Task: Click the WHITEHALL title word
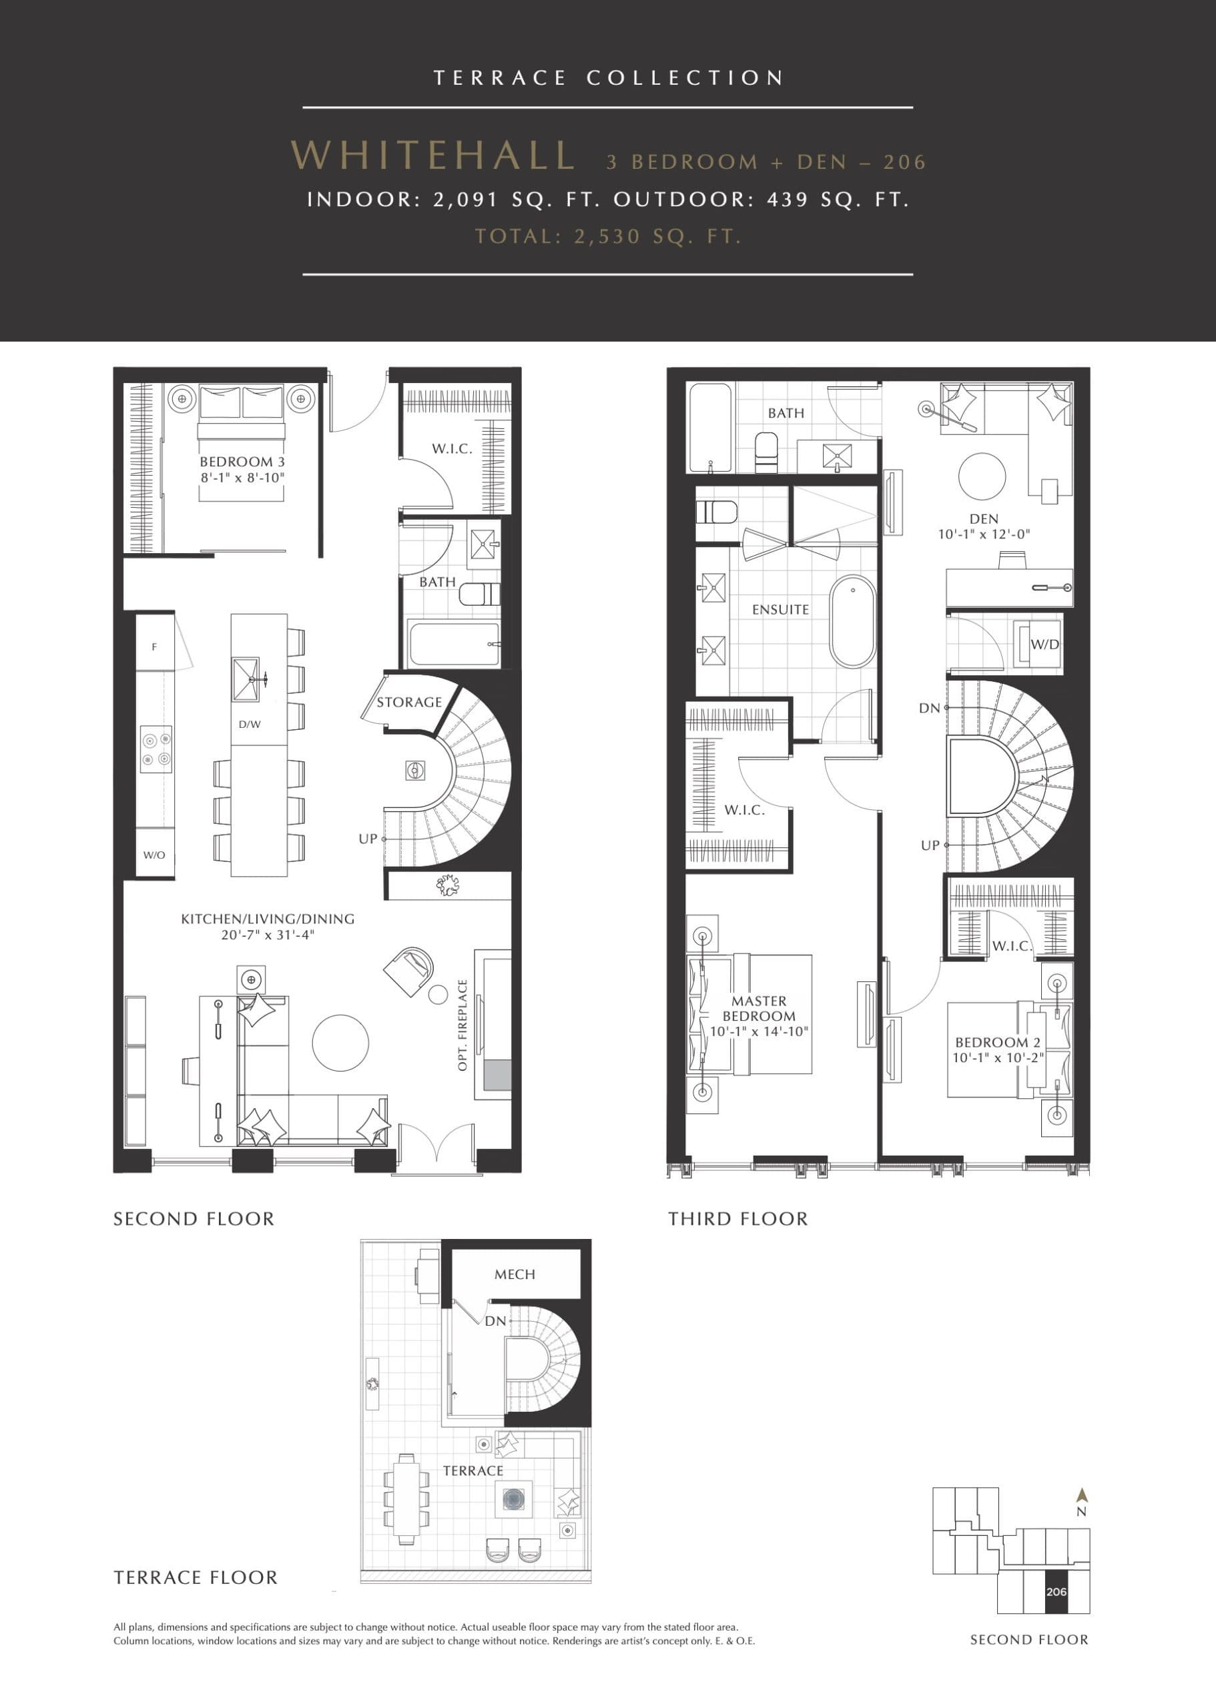point(432,155)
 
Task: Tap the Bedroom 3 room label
point(242,462)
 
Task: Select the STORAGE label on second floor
point(409,702)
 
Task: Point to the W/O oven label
point(154,855)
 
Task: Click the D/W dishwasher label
point(250,725)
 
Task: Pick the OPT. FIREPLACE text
point(462,1025)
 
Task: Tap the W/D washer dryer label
point(1044,644)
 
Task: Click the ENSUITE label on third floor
point(780,610)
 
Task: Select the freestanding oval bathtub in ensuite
point(852,620)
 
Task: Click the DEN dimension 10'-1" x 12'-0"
point(984,534)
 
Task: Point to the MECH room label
point(515,1274)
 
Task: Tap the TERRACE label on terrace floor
point(473,1470)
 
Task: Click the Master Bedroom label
point(759,1008)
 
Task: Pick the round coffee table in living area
point(340,1042)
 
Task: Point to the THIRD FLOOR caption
point(737,1219)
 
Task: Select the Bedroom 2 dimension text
point(997,1057)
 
